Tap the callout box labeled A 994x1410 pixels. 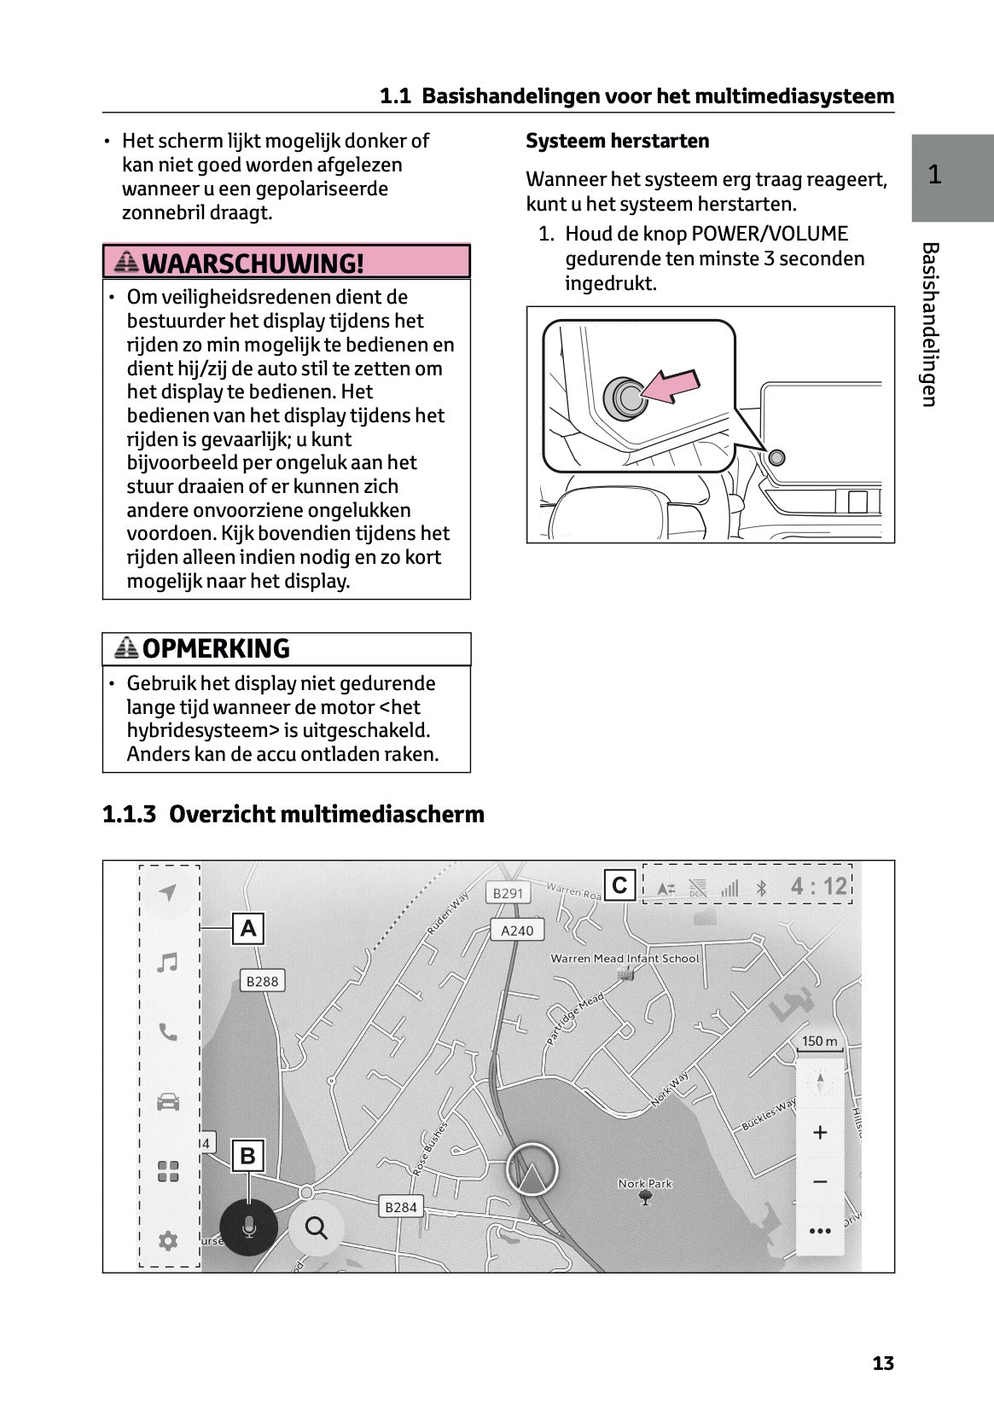pyautogui.click(x=248, y=928)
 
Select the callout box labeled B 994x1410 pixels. pyautogui.click(x=248, y=1156)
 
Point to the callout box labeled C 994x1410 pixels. pyautogui.click(x=620, y=885)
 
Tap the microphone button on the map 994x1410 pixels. pyautogui.click(x=248, y=1227)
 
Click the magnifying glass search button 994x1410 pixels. pyautogui.click(x=317, y=1227)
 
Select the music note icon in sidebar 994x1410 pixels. pyautogui.click(x=168, y=963)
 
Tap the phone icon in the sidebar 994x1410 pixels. pyautogui.click(x=168, y=1033)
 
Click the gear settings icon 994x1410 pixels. pyautogui.click(x=168, y=1240)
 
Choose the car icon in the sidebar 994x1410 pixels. pyautogui.click(x=168, y=1102)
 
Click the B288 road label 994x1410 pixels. pyautogui.click(x=262, y=981)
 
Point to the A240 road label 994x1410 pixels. pyautogui.click(x=516, y=931)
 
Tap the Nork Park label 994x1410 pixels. pyautogui.click(x=645, y=1184)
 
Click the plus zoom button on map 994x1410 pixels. pyautogui.click(x=820, y=1133)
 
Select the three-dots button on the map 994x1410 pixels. pyautogui.click(x=820, y=1231)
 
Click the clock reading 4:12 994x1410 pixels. pyautogui.click(x=818, y=886)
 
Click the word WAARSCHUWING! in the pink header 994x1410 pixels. pyautogui.click(x=253, y=263)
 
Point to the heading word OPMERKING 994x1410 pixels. pyautogui.click(x=216, y=649)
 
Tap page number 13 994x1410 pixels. pyautogui.click(x=883, y=1363)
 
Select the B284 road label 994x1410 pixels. pyautogui.click(x=400, y=1207)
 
